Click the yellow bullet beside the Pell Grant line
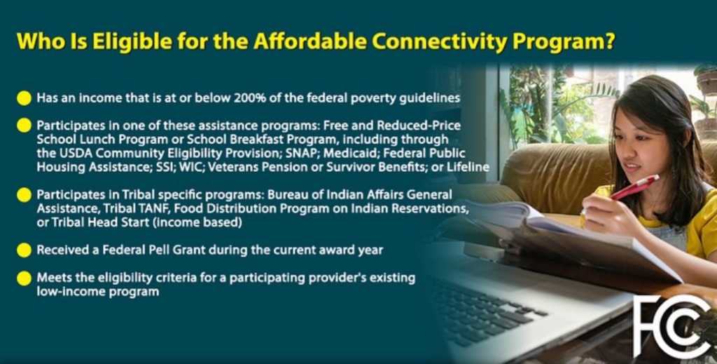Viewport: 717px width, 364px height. (24, 250)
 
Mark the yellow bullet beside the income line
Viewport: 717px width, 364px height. (24, 98)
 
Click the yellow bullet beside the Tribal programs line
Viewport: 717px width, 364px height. (24, 194)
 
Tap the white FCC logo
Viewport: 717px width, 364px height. (671, 326)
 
